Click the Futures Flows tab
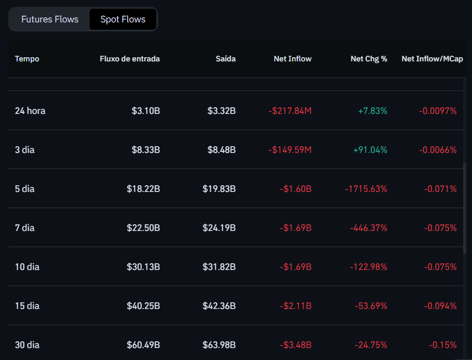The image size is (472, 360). click(x=50, y=19)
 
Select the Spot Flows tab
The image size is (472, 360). click(x=123, y=19)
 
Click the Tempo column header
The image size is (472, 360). click(x=27, y=59)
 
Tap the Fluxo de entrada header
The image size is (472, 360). click(x=130, y=59)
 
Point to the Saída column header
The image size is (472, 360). click(x=226, y=59)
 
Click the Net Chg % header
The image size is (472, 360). click(x=369, y=59)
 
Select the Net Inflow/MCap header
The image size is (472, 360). click(x=432, y=59)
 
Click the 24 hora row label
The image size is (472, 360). click(x=30, y=111)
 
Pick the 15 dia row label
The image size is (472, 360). click(x=27, y=306)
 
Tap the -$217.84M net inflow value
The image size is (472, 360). click(x=290, y=111)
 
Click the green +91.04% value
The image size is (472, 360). click(x=370, y=150)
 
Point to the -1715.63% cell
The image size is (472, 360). click(x=366, y=189)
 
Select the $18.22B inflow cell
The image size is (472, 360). click(x=143, y=189)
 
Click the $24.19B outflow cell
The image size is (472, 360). click(x=219, y=228)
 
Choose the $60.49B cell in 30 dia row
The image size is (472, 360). click(x=143, y=345)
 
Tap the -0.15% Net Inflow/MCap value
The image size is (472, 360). click(x=443, y=345)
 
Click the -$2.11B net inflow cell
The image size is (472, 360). click(x=295, y=306)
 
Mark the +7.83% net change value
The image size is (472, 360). click(x=373, y=111)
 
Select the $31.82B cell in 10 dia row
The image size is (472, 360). click(x=219, y=267)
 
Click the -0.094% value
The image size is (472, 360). click(x=440, y=306)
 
